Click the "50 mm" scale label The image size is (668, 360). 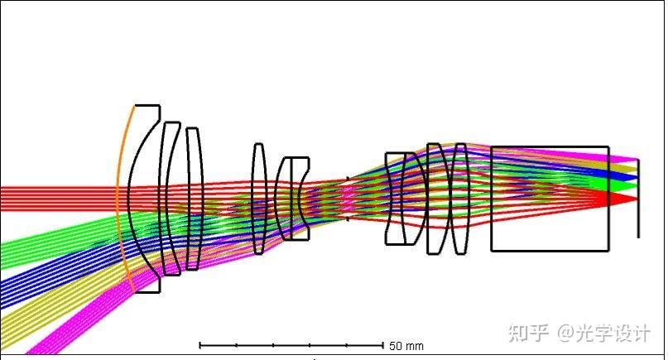pos(406,345)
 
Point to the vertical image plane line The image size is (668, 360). pos(638,199)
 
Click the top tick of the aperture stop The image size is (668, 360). pos(348,179)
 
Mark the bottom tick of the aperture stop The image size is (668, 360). pos(348,218)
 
